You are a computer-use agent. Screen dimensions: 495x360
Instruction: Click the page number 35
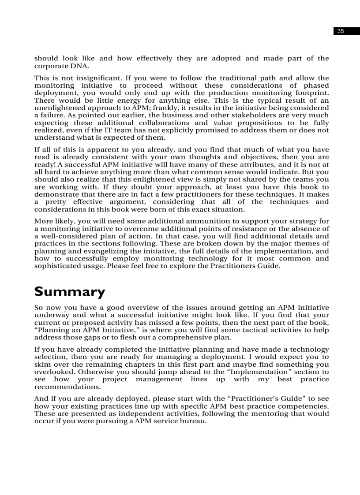[x=340, y=31]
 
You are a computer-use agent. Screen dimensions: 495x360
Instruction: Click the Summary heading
[x=70, y=292]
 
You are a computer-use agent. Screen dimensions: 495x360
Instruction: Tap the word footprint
[x=313, y=93]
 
